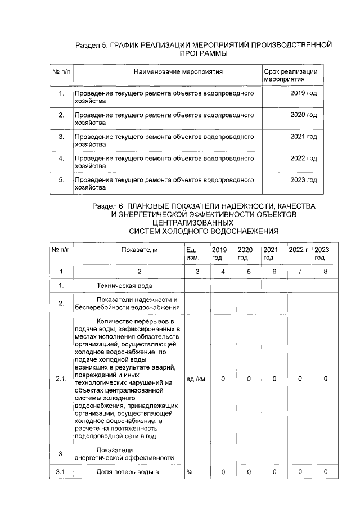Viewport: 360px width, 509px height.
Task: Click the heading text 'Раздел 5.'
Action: (91, 45)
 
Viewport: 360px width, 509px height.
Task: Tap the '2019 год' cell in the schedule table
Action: (303, 92)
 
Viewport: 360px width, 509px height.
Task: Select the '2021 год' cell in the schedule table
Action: (303, 136)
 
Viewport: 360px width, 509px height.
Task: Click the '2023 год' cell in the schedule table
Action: (303, 180)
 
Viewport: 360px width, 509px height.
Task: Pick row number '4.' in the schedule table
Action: (61, 158)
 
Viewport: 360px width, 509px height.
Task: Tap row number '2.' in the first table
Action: (61, 114)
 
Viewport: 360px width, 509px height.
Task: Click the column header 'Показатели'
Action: (142, 250)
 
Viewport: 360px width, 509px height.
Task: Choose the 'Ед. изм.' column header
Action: (192, 254)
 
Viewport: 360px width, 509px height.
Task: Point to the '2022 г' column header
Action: (298, 250)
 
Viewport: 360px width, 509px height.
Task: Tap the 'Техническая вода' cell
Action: (122, 286)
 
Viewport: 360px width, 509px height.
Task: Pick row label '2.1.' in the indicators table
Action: (61, 379)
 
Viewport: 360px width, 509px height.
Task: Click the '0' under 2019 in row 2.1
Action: (223, 379)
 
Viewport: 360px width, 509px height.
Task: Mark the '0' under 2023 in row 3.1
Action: (325, 471)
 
